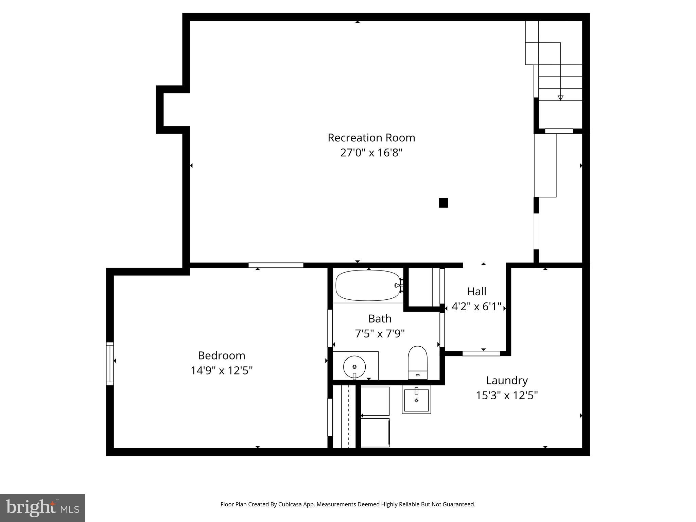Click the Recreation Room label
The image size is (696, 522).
[x=371, y=138]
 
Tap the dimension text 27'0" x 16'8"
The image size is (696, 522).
[x=371, y=153]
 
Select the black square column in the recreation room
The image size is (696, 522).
[x=443, y=203]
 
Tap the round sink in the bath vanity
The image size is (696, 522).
[x=354, y=367]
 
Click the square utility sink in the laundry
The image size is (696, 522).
[x=416, y=399]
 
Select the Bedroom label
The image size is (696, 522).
[x=221, y=355]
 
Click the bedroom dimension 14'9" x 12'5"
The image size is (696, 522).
[x=221, y=370]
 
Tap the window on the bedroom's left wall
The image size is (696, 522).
[x=110, y=364]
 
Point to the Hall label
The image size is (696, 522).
[x=476, y=292]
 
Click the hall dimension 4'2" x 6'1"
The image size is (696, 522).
[x=476, y=307]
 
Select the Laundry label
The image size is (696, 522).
[x=507, y=380]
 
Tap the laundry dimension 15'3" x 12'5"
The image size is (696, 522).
[x=507, y=396]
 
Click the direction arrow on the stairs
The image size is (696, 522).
[x=560, y=98]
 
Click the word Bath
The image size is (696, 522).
[x=380, y=319]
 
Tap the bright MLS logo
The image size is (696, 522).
[x=42, y=508]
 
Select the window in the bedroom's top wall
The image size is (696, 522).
[x=276, y=265]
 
